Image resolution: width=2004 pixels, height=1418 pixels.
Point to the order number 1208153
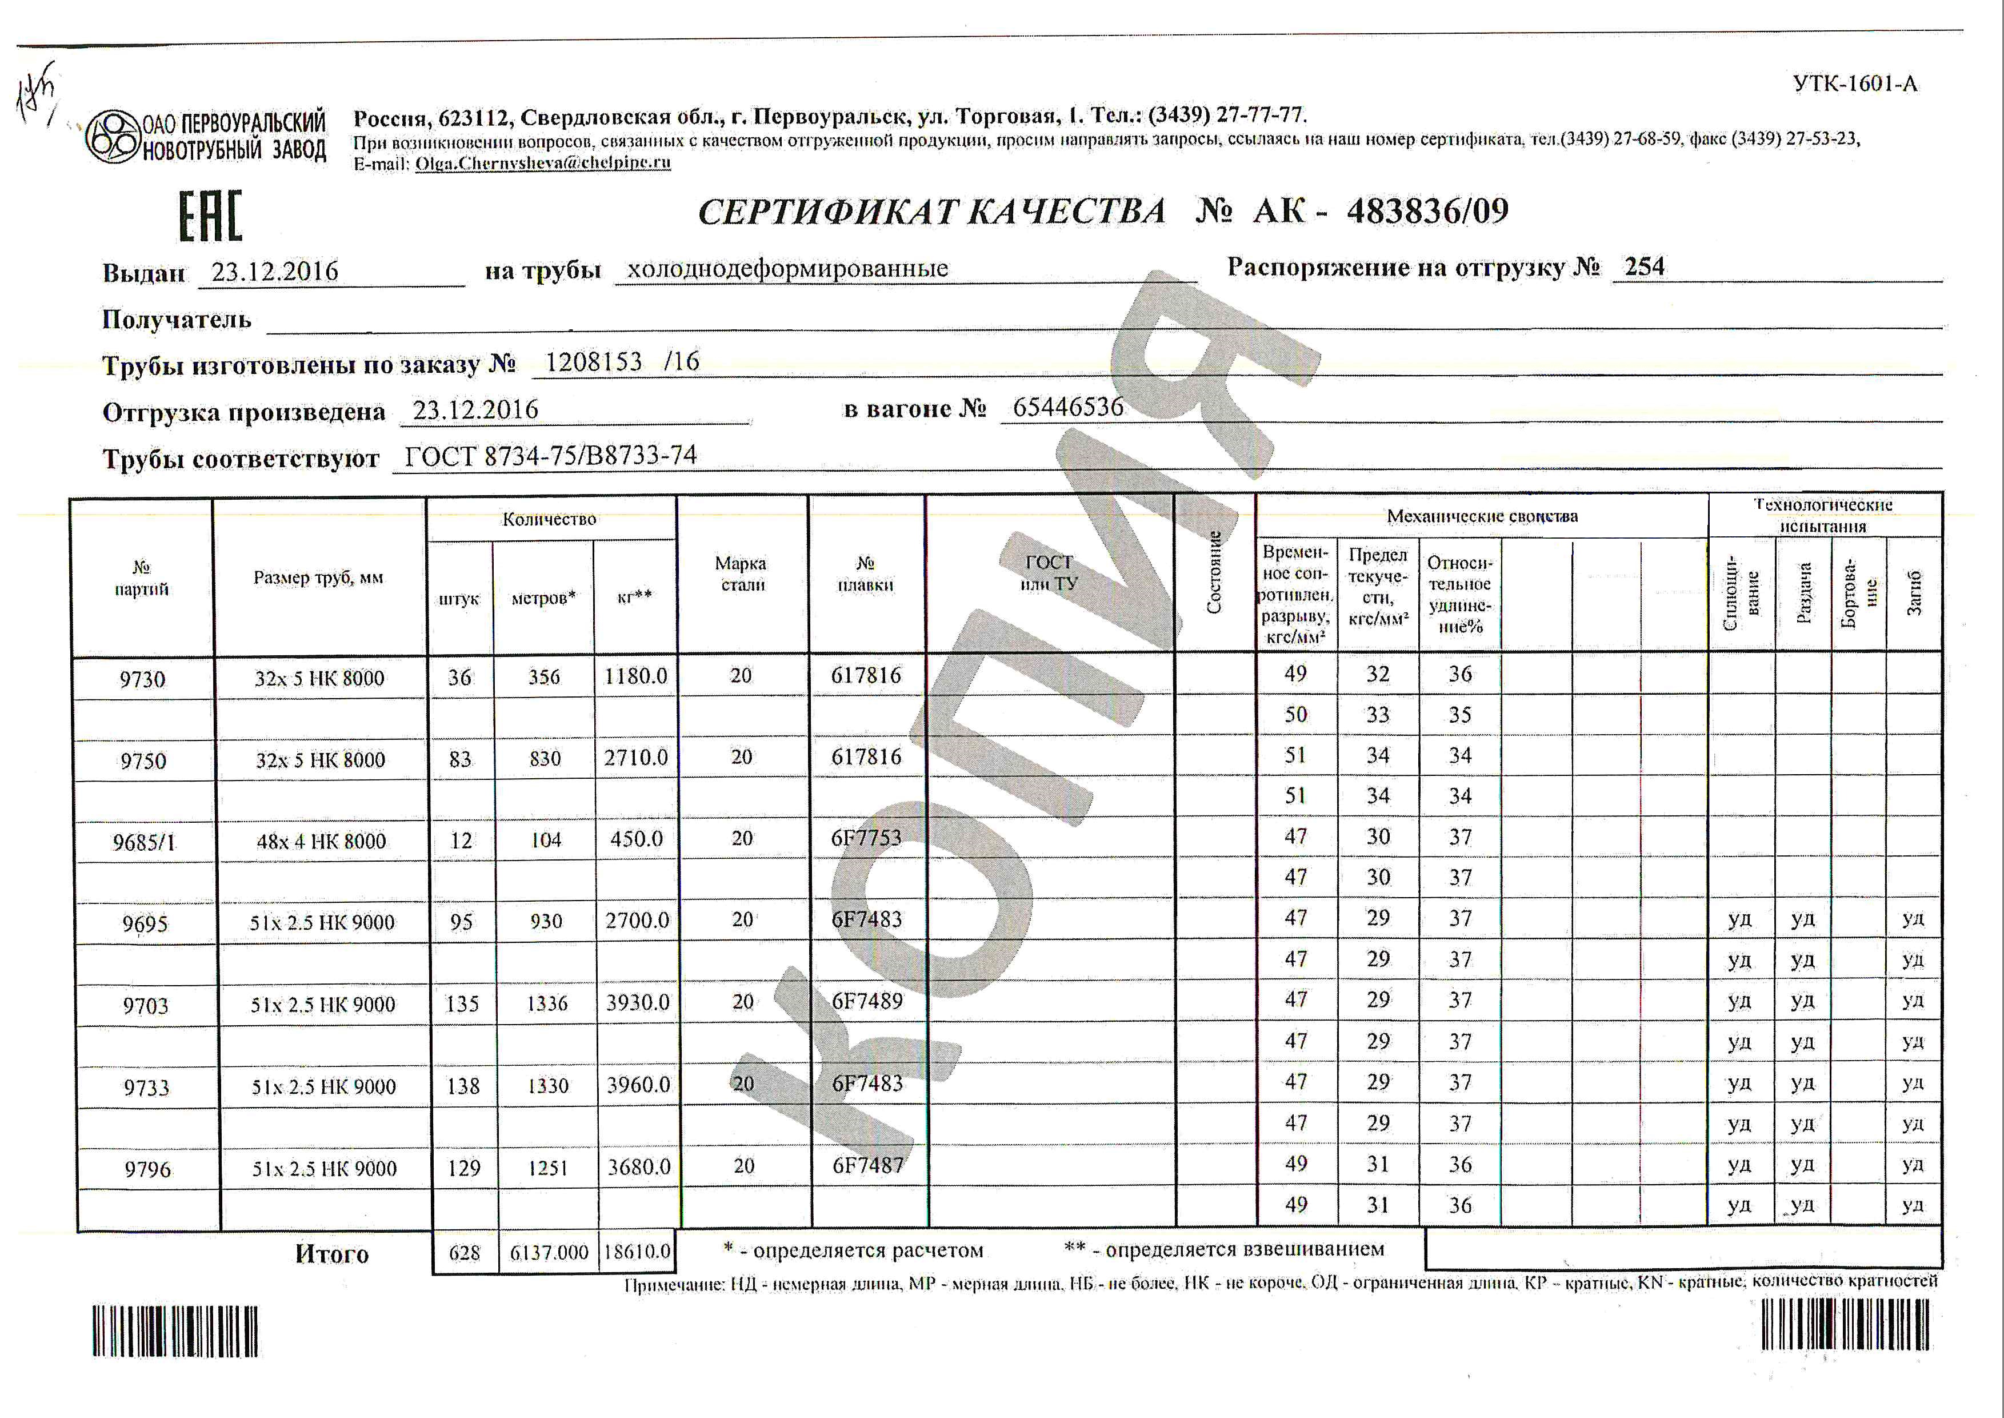(x=594, y=361)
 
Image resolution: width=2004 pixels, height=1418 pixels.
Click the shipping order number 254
(x=1645, y=266)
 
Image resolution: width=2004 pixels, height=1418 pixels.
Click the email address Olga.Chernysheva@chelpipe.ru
(x=542, y=162)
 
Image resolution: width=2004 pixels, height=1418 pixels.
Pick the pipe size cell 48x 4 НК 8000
(x=321, y=841)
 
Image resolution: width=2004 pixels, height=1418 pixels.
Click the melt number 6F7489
(x=867, y=1001)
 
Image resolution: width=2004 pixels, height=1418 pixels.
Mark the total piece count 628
(x=465, y=1253)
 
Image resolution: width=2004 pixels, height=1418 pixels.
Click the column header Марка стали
(x=742, y=573)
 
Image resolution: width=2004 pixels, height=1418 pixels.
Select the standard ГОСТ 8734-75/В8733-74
(x=551, y=456)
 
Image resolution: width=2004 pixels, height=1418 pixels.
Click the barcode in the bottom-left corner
(x=175, y=1331)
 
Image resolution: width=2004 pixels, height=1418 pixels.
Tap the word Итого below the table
(x=331, y=1254)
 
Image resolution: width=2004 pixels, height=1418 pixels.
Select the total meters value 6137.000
(x=549, y=1253)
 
